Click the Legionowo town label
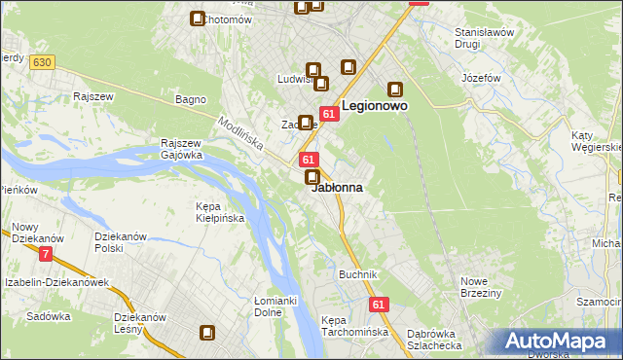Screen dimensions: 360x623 point(374,104)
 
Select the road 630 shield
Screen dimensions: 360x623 point(41,62)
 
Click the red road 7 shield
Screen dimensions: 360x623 point(46,254)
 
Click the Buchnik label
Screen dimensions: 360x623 point(357,274)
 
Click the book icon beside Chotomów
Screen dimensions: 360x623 point(198,18)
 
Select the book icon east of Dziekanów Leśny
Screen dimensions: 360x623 point(207,333)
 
